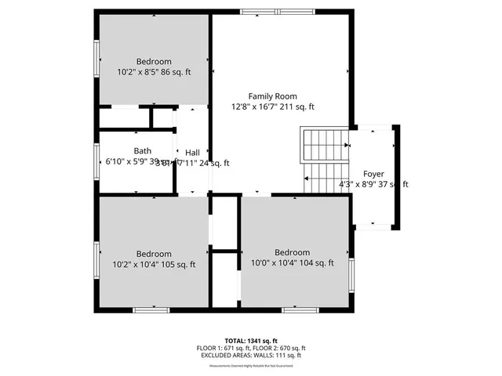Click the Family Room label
[273, 96]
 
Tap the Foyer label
[373, 173]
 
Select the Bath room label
[142, 151]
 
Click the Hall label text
[192, 152]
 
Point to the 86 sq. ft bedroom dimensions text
[154, 73]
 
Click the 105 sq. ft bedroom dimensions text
[154, 265]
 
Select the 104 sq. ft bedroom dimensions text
[293, 263]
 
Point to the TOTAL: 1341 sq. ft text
[251, 341]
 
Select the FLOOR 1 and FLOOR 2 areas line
[251, 348]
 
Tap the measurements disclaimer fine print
[251, 366]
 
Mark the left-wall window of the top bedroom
[97, 60]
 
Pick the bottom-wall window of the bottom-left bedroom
[151, 309]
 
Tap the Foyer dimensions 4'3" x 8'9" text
[373, 184]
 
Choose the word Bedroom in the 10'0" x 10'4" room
[292, 252]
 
